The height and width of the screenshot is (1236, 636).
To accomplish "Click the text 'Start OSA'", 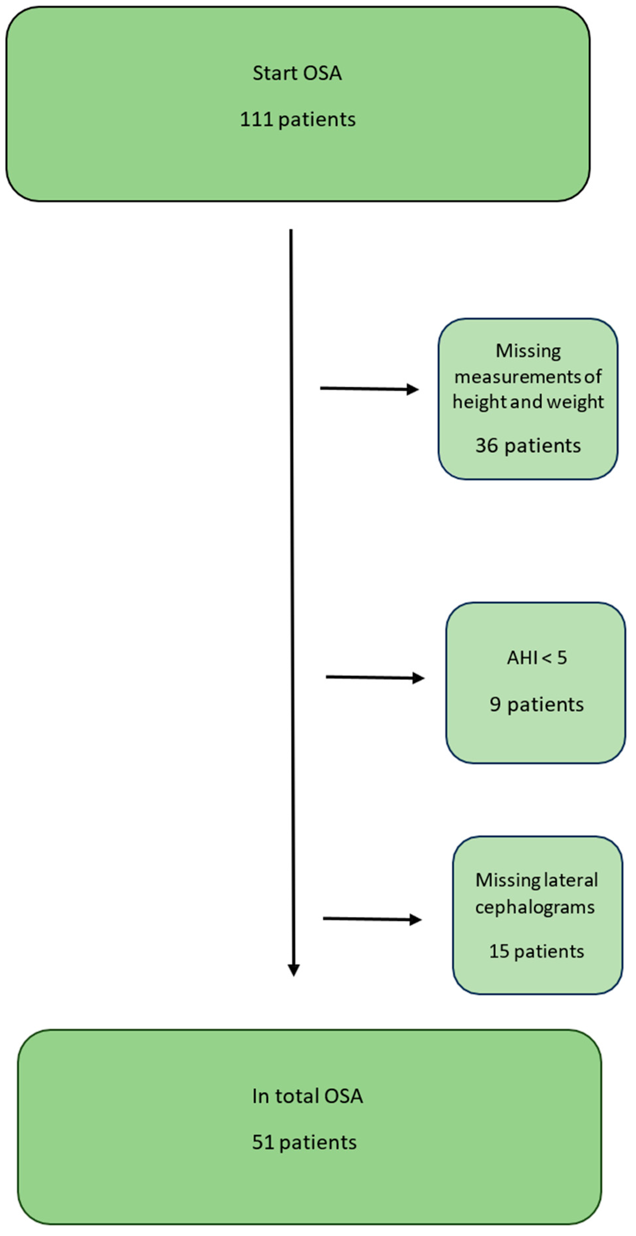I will pos(297,73).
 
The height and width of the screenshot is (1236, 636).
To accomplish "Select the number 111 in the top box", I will pos(256,119).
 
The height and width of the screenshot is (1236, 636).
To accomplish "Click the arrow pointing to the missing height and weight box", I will pos(369,389).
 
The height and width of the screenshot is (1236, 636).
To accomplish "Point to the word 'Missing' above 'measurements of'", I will pos(528,351).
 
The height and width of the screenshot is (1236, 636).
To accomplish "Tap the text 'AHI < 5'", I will pos(537,657).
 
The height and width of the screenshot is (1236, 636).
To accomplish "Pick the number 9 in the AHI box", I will pos(495,704).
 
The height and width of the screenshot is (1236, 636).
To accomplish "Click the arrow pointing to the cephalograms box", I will pos(372,919).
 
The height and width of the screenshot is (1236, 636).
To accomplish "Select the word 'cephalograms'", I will pos(535,907).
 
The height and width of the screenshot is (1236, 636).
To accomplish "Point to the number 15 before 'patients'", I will pos(499,951).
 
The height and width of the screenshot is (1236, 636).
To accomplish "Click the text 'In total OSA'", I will pos(307,1096).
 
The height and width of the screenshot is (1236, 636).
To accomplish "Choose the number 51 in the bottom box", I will pos(263,1142).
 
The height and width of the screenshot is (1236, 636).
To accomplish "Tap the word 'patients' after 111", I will pos(317,119).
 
